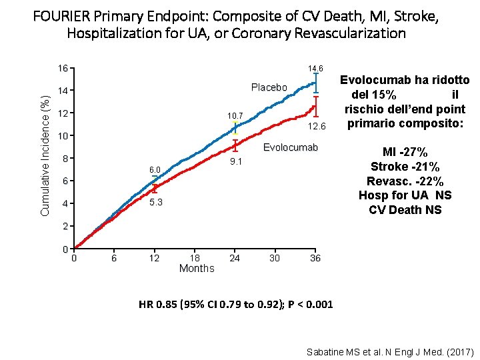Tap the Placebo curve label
pyautogui.click(x=269, y=87)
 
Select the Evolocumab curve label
pyautogui.click(x=291, y=147)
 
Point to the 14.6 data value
pyautogui.click(x=315, y=69)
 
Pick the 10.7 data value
pyautogui.click(x=235, y=115)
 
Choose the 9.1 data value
pyautogui.click(x=235, y=161)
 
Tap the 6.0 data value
pyautogui.click(x=155, y=171)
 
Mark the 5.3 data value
pyautogui.click(x=155, y=202)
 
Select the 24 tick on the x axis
pyautogui.click(x=235, y=258)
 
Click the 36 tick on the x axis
pyautogui.click(x=315, y=258)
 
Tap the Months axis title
pyautogui.click(x=197, y=268)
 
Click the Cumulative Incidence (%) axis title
pyautogui.click(x=45, y=155)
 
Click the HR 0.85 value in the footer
pyautogui.click(x=158, y=305)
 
